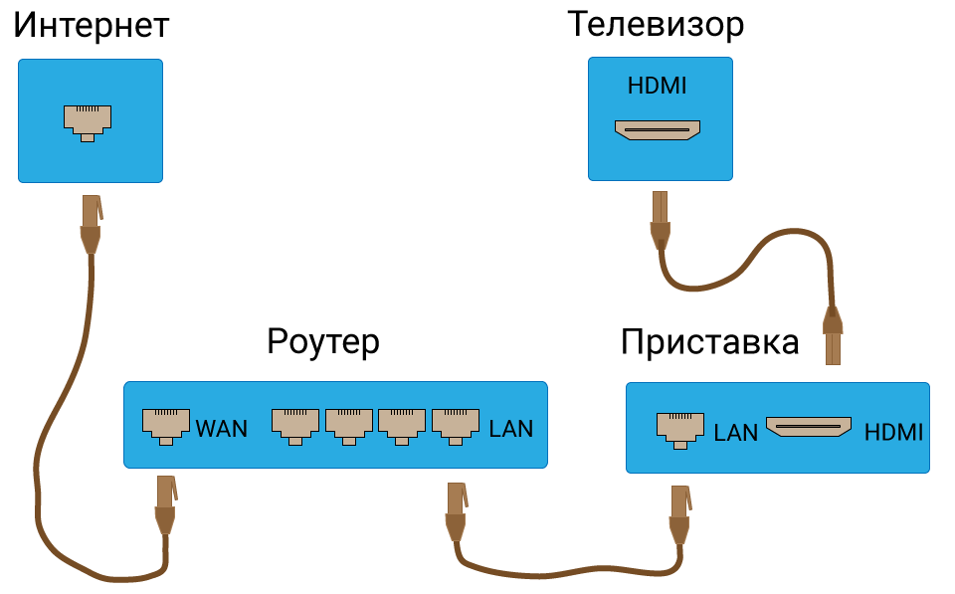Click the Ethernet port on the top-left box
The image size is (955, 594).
point(88,120)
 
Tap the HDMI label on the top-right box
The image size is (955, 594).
point(657,87)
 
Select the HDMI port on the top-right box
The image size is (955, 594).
point(657,129)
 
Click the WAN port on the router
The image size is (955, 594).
point(166,424)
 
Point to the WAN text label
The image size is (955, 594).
point(222,429)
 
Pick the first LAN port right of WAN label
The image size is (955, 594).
point(295,424)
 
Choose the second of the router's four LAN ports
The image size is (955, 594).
point(349,424)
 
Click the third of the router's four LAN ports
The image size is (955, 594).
point(402,424)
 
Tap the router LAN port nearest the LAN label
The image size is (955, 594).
point(456,424)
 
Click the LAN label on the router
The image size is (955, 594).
point(511,429)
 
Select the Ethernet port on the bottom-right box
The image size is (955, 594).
point(680,428)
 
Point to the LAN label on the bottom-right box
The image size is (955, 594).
point(736,433)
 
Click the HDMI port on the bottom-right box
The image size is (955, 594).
point(809,427)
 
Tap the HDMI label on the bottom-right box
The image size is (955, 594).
point(893,433)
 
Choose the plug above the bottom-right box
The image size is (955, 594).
point(833,335)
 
